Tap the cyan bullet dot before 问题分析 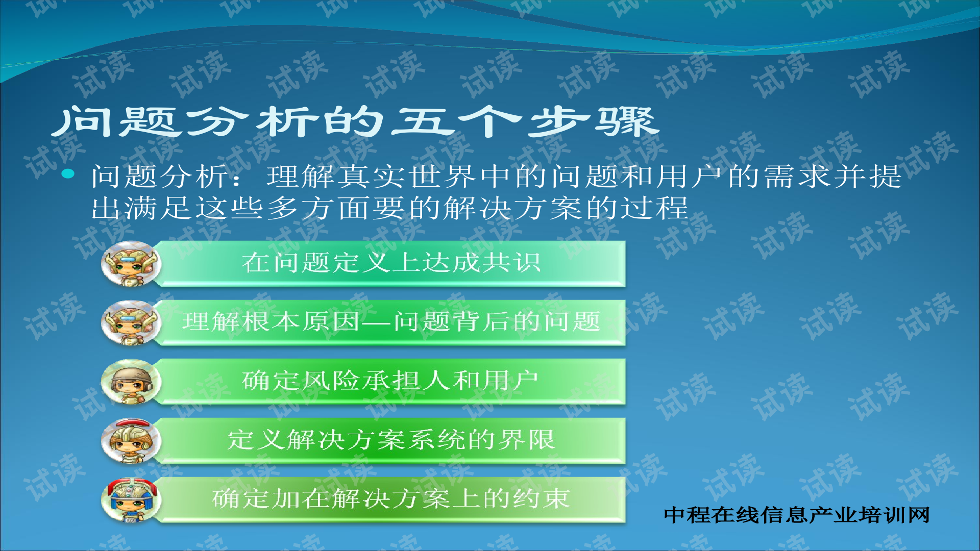68,174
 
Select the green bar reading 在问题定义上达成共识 391,263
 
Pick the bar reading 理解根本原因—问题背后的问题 391,322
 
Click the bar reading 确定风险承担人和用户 391,381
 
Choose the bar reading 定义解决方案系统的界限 391,440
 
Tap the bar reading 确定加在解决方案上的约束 391,499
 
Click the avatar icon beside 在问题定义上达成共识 131,264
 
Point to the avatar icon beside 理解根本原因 131,322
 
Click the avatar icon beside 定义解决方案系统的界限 131,440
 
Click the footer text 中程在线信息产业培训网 796,515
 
